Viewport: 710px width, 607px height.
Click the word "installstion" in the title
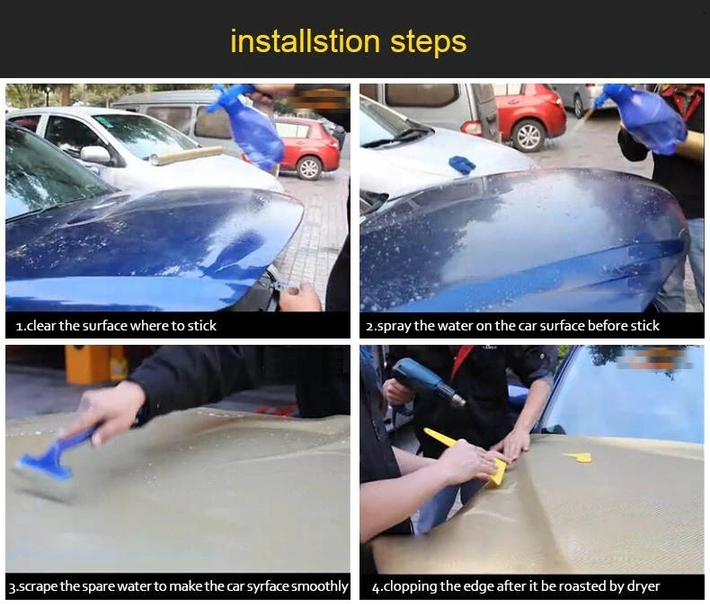(306, 41)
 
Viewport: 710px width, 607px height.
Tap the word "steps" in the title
(429, 43)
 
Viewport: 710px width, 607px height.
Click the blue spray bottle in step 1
(251, 126)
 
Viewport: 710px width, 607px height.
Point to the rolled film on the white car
(187, 155)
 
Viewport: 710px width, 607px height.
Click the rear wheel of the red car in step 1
(309, 168)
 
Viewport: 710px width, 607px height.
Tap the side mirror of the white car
(96, 154)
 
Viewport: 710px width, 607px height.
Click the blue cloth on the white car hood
(461, 163)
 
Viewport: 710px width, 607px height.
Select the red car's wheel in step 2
(528, 136)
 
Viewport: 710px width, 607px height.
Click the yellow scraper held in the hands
(471, 456)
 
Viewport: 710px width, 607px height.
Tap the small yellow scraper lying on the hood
(578, 457)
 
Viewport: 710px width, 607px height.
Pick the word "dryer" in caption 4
(643, 586)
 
